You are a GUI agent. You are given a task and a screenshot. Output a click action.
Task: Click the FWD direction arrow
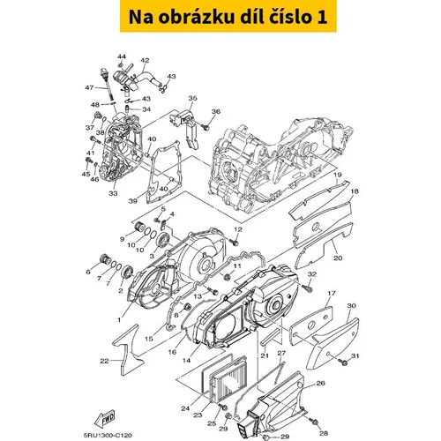(x=105, y=418)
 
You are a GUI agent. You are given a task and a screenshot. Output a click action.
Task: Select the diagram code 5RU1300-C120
(x=108, y=435)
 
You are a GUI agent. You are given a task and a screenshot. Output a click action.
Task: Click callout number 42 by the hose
(x=145, y=61)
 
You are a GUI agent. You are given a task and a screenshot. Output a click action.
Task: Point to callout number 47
(x=89, y=87)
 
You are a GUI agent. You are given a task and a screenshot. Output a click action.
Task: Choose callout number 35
(x=192, y=98)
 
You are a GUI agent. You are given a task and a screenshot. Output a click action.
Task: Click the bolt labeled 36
(x=206, y=127)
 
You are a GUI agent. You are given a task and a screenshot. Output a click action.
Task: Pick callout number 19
(x=337, y=175)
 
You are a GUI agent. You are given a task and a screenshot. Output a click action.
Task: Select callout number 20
(x=338, y=258)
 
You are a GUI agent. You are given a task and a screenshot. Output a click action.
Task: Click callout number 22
(x=104, y=361)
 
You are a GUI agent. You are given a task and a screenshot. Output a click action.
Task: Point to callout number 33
(x=113, y=193)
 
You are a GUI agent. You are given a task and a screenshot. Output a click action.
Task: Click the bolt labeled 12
(x=234, y=242)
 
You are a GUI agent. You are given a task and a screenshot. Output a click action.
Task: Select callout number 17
(x=332, y=293)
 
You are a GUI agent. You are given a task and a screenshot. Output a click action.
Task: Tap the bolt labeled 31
(x=344, y=363)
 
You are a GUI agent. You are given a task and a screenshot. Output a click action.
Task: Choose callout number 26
(x=320, y=383)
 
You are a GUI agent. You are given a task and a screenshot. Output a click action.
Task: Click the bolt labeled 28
(x=315, y=422)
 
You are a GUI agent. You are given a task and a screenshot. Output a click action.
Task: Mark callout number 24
(x=185, y=408)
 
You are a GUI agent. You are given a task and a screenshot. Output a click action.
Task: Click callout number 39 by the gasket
(x=133, y=201)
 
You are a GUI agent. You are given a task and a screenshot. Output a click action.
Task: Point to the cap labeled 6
(x=106, y=259)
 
